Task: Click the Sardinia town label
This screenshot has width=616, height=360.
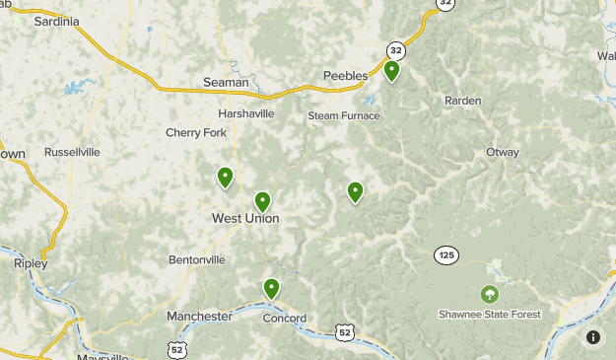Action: (55, 21)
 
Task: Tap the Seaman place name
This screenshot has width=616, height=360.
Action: (226, 83)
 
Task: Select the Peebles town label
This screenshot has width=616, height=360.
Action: (345, 76)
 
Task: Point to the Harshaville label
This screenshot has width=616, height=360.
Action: (246, 113)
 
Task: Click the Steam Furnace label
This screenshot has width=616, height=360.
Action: (343, 115)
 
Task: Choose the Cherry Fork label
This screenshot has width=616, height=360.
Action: (188, 133)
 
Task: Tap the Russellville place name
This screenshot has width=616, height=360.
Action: (72, 153)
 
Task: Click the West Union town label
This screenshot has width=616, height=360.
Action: (245, 218)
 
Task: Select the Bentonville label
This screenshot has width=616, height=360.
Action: (197, 259)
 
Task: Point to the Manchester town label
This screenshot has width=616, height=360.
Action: (199, 317)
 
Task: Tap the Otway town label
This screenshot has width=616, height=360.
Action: (502, 152)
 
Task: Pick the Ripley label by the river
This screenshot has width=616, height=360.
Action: (31, 264)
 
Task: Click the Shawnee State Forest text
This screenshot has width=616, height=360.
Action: (489, 316)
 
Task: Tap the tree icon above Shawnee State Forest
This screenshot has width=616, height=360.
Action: (488, 294)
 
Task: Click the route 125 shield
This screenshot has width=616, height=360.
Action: (445, 255)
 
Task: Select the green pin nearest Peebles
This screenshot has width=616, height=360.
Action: (391, 71)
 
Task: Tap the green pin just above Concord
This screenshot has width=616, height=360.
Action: (271, 288)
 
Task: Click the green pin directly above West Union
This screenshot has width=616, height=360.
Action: (262, 201)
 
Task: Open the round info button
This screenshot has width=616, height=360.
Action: (593, 337)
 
